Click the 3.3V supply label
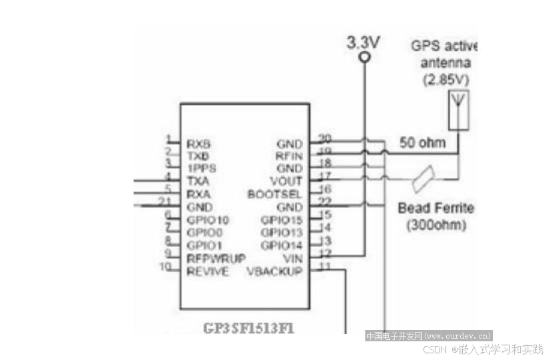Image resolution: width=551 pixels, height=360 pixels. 363,42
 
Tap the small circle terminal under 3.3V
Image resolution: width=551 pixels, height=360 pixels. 364,58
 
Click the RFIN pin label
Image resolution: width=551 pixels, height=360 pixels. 289,156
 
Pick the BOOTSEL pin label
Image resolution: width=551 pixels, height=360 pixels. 274,194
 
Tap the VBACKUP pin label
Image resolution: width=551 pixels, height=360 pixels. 274,271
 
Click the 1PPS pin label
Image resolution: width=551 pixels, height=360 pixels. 201,168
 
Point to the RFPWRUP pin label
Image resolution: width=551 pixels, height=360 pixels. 216,258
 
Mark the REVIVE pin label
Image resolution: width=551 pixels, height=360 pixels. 207,271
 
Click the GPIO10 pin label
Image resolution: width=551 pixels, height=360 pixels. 208,220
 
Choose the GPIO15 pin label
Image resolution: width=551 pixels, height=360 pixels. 281,220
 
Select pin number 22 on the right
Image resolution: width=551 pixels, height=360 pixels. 325,202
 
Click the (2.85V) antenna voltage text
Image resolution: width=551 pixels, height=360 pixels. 445,79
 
